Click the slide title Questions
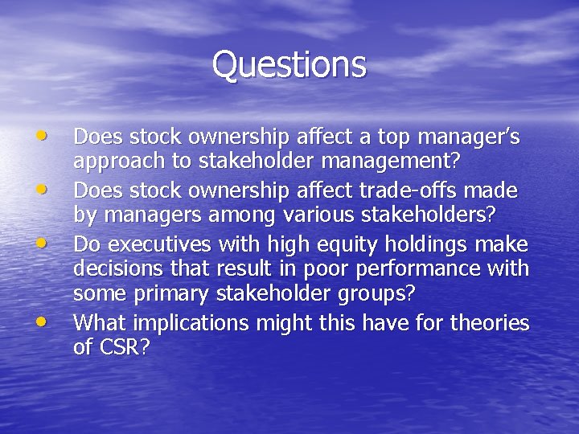(x=289, y=64)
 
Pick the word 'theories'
(x=490, y=323)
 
